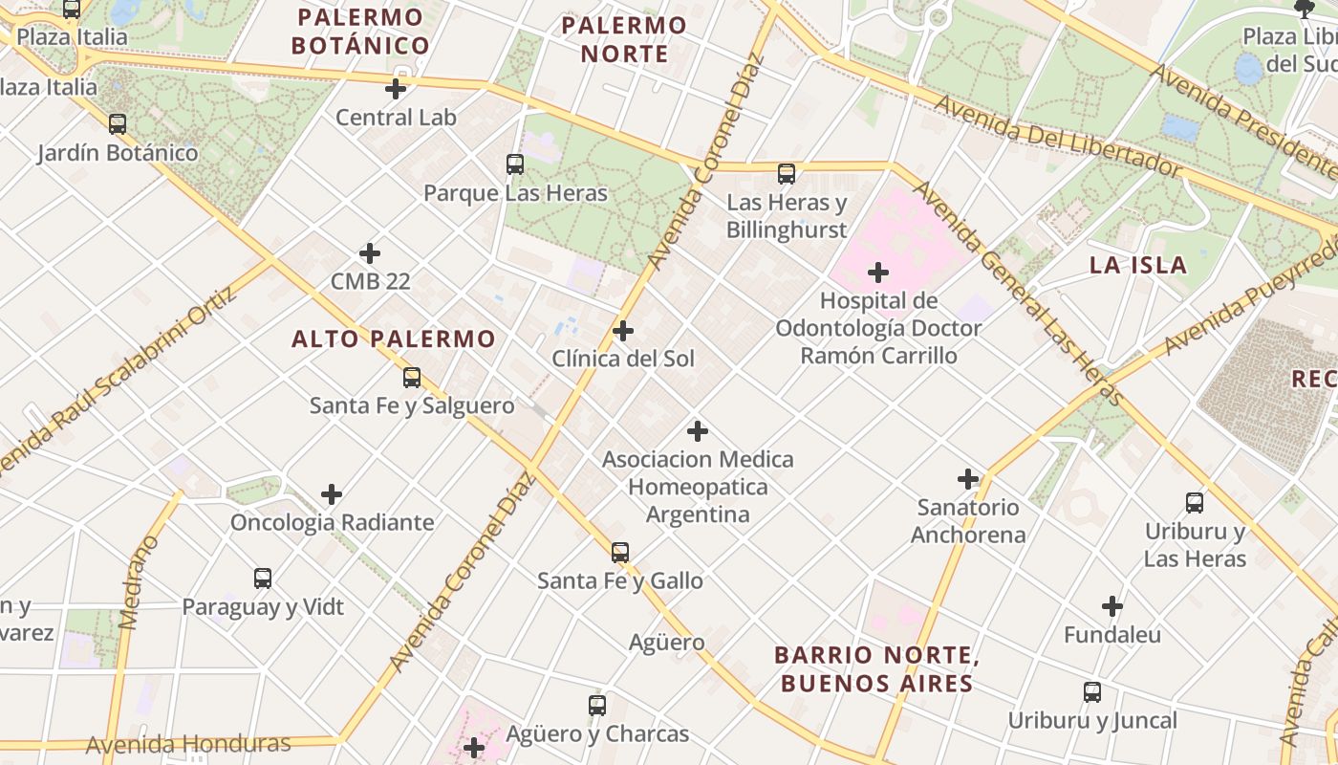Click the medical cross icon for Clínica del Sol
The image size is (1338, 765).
coord(623,331)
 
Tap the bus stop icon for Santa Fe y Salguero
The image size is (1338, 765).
coord(412,378)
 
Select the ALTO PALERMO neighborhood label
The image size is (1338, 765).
coord(394,339)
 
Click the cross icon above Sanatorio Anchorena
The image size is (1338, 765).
coord(968,479)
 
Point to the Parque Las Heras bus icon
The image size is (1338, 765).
coord(515,164)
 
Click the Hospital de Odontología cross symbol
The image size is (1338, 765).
coord(878,273)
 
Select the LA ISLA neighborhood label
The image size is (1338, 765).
coord(1138,266)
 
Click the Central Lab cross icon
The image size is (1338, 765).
coord(396,90)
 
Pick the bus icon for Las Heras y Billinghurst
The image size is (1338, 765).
coord(787,174)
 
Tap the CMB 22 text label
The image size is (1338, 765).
coord(370,281)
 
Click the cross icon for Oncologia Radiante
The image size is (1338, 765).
coord(332,494)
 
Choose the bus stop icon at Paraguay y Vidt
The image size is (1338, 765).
coord(263,579)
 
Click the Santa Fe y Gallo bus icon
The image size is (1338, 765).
coord(620,553)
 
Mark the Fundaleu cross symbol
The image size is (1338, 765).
coord(1112,606)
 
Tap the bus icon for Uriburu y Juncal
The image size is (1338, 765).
coord(1092,692)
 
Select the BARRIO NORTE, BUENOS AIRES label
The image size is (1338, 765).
coord(876,669)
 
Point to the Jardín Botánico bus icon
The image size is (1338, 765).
coord(118,124)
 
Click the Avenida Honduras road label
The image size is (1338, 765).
coord(188,744)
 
